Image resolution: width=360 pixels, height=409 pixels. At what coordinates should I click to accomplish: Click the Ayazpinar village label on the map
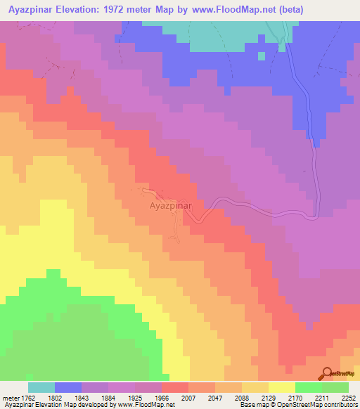(x=176, y=207)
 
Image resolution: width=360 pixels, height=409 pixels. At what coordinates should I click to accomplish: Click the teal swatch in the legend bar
(x=41, y=387)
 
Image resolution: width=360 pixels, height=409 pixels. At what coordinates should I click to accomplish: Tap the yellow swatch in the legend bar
(x=281, y=387)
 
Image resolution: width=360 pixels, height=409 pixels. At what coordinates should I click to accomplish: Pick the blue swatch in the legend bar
(x=68, y=387)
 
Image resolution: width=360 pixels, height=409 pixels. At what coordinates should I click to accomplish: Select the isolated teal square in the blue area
(x=262, y=56)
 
